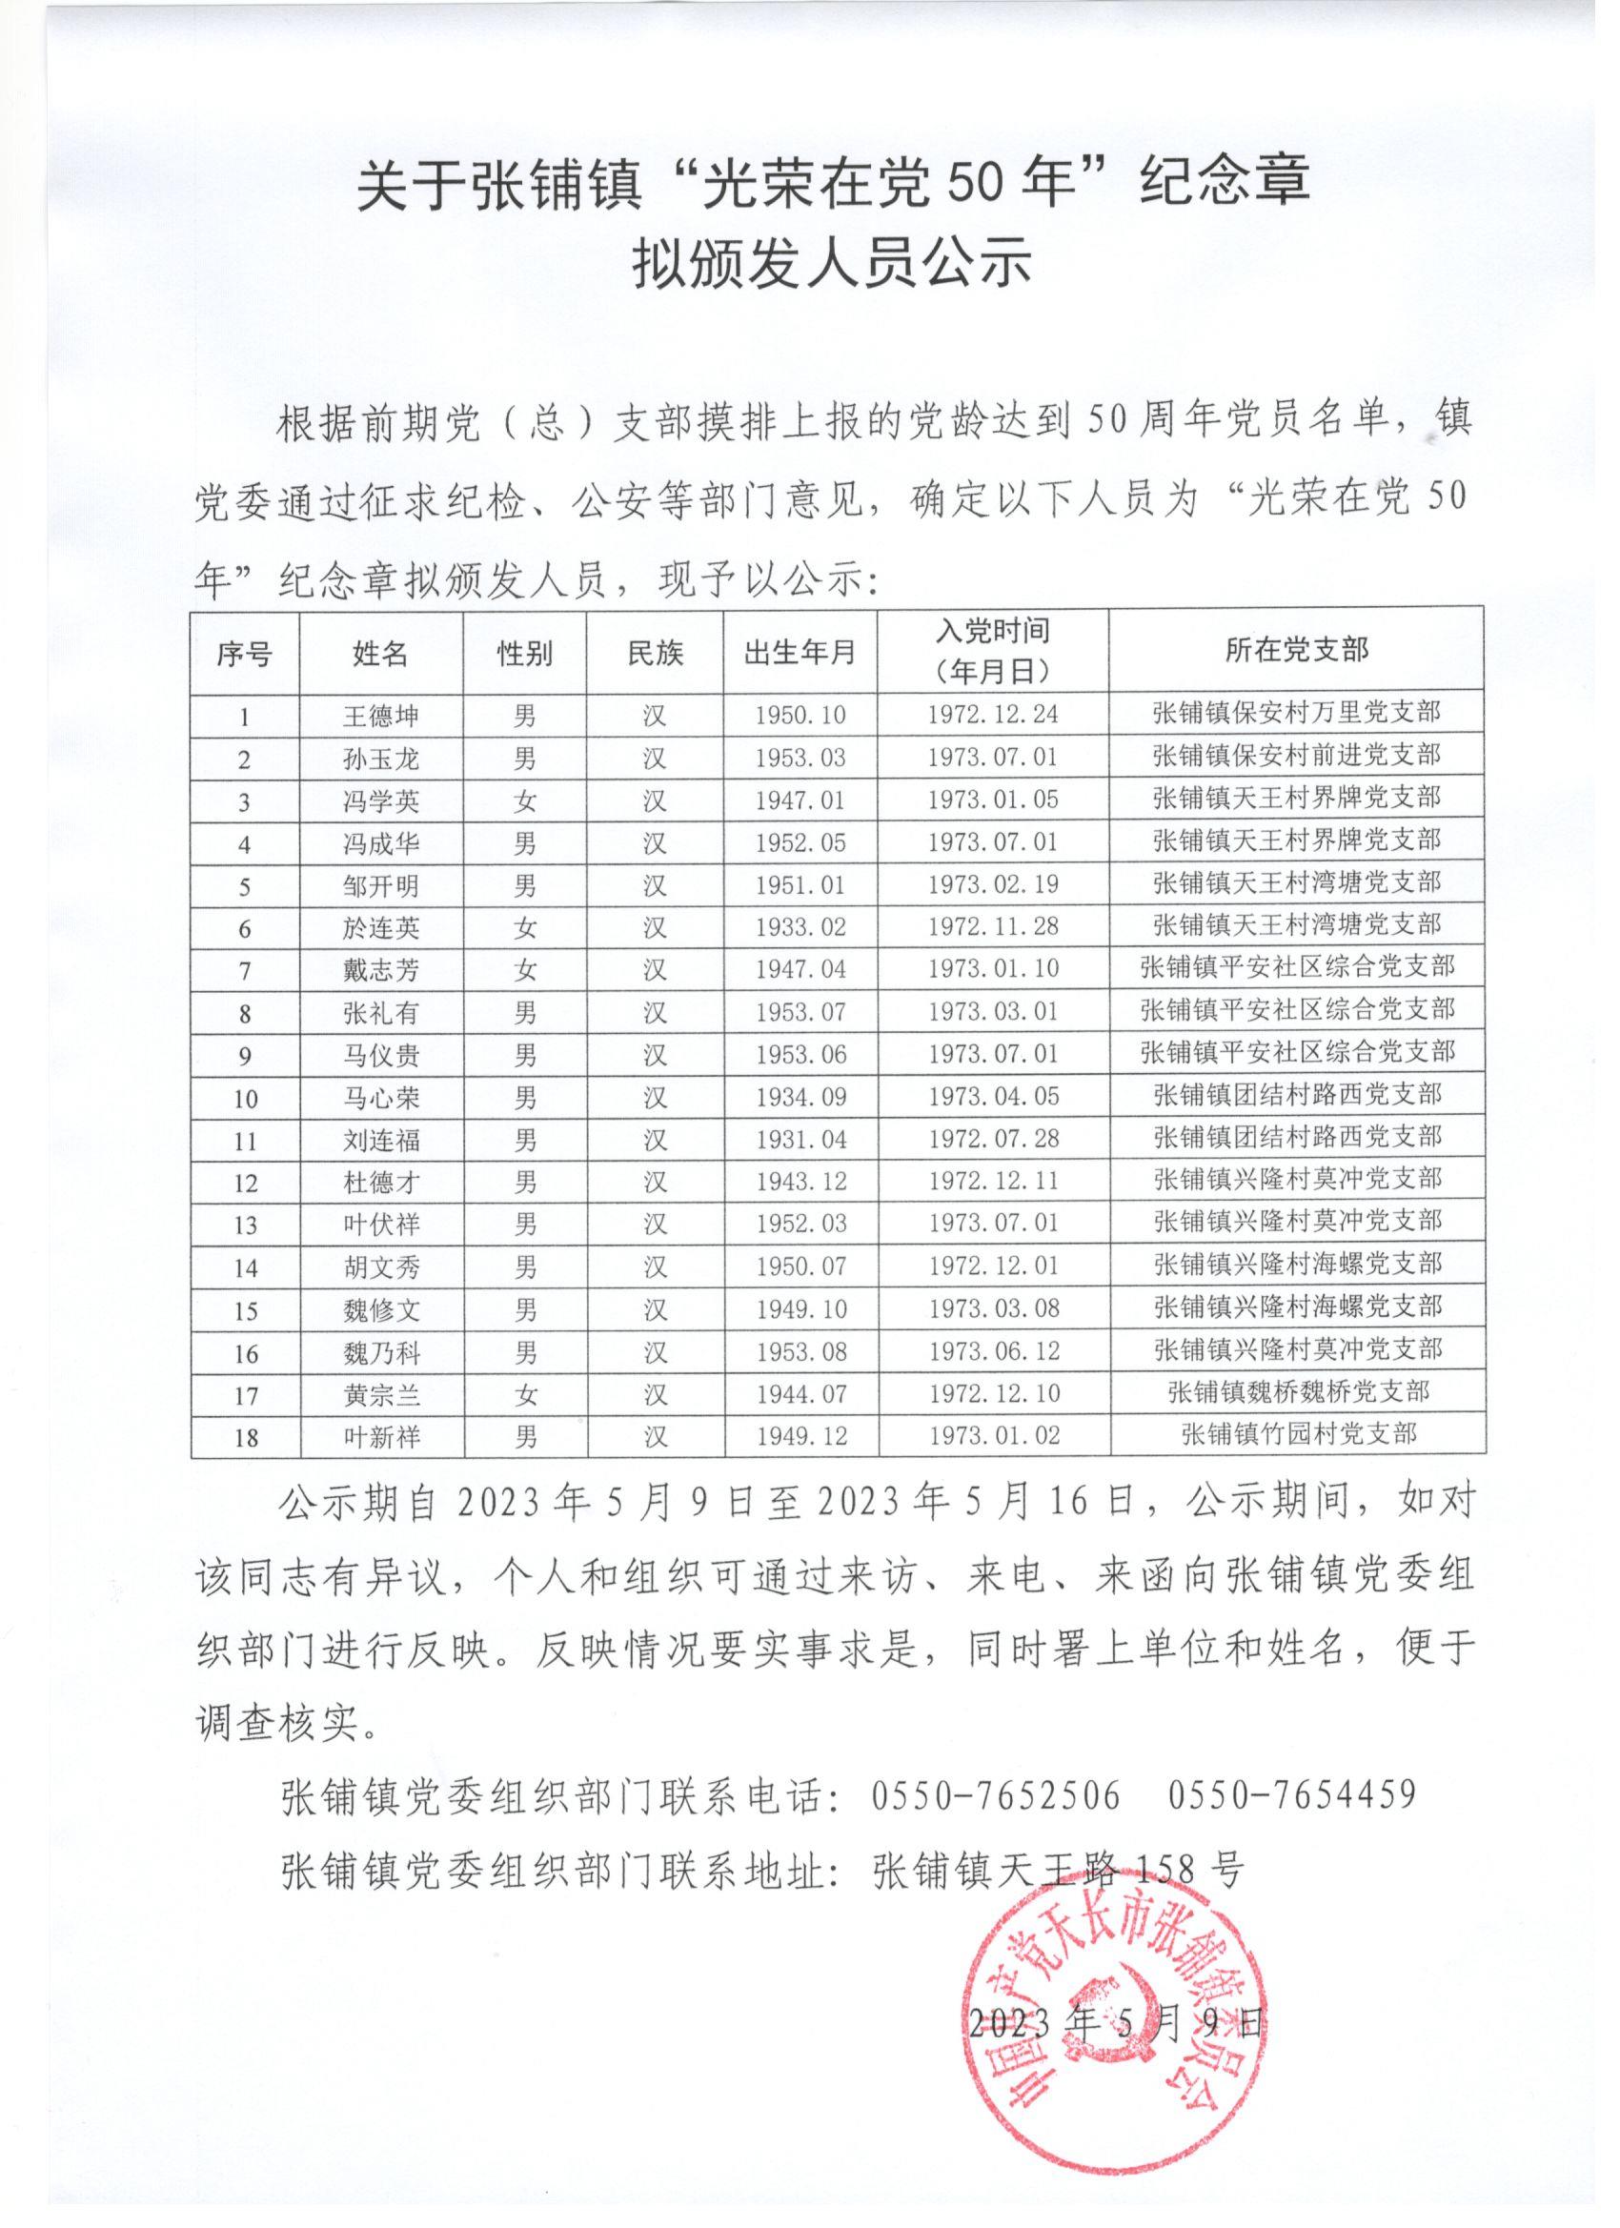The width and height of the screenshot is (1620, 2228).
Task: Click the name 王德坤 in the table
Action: point(380,715)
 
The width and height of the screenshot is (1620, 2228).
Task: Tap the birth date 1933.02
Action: point(800,927)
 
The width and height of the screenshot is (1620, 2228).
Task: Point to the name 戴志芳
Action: point(380,970)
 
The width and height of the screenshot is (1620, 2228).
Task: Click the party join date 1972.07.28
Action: point(993,1140)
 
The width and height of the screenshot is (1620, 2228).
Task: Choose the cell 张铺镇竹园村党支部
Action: point(1298,1435)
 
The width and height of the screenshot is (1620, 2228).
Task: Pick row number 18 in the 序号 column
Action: point(245,1437)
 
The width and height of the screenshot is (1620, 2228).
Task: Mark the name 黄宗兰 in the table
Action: point(380,1395)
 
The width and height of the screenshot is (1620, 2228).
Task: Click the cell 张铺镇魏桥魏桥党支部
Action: point(1298,1392)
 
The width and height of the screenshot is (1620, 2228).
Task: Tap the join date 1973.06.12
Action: point(993,1351)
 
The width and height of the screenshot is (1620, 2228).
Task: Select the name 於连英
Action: point(380,927)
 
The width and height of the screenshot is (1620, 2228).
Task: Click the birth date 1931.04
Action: point(800,1140)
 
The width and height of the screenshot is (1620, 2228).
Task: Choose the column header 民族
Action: point(655,652)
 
